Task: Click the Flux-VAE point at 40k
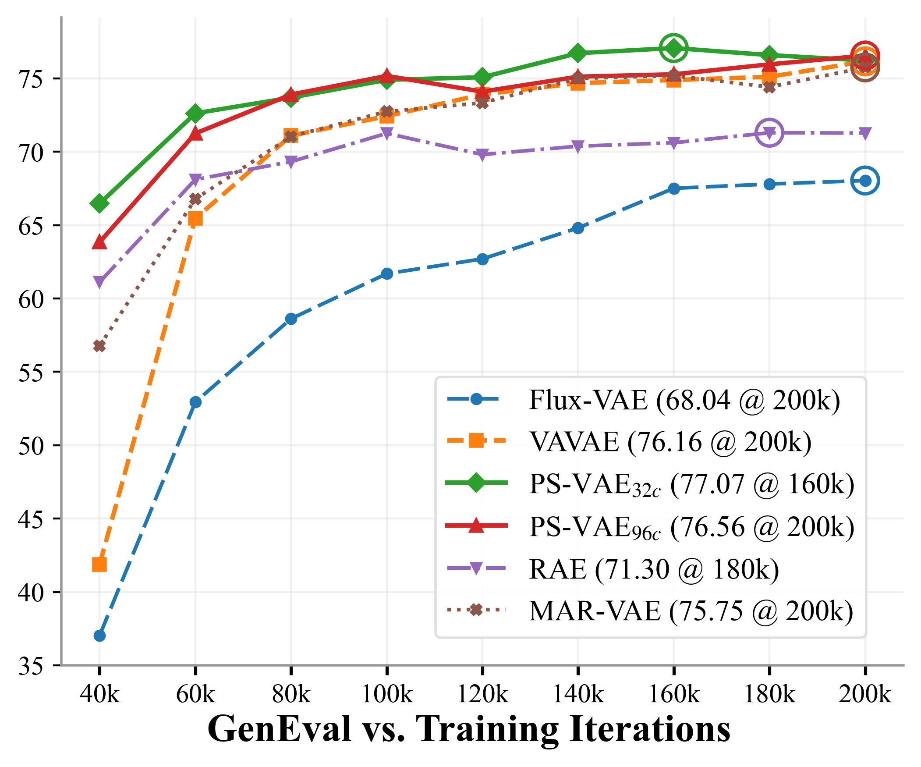(99, 636)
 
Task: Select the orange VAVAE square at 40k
(99, 564)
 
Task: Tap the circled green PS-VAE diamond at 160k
(673, 48)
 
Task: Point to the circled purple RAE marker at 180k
(769, 132)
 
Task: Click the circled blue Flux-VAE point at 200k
(865, 180)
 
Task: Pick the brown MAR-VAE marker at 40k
(99, 346)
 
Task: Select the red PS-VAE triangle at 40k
(99, 242)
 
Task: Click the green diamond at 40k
(99, 204)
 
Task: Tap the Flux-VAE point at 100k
(387, 274)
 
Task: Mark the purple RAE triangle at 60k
(195, 179)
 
